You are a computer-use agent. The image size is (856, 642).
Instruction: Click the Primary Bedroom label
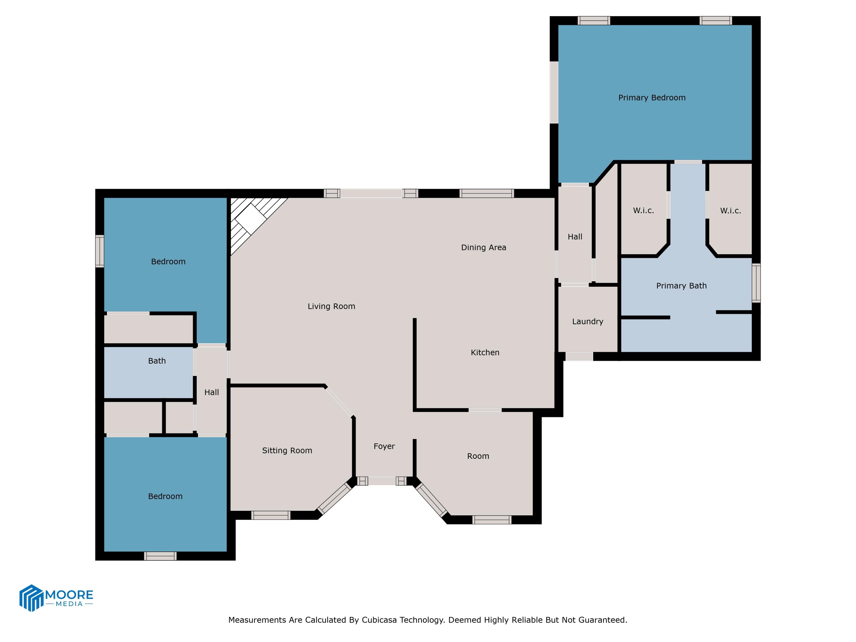652,98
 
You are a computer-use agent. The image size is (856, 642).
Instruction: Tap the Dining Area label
483,247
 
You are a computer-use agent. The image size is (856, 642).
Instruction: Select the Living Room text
331,306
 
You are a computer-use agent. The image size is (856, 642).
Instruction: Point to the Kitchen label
485,352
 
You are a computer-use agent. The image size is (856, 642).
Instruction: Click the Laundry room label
588,321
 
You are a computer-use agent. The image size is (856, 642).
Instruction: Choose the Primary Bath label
681,286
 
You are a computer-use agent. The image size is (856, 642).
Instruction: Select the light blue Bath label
157,361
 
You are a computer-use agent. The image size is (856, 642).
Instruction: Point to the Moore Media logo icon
31,597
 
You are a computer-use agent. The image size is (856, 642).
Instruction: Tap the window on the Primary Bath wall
756,283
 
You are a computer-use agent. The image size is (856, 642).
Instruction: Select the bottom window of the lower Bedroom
160,556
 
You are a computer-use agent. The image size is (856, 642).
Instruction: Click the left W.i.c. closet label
643,211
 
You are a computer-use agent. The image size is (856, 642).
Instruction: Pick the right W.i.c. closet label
730,211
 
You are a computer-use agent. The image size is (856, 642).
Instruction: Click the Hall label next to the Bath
211,392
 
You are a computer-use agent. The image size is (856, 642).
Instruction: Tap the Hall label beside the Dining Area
575,237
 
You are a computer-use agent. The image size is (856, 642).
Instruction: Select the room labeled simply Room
478,456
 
